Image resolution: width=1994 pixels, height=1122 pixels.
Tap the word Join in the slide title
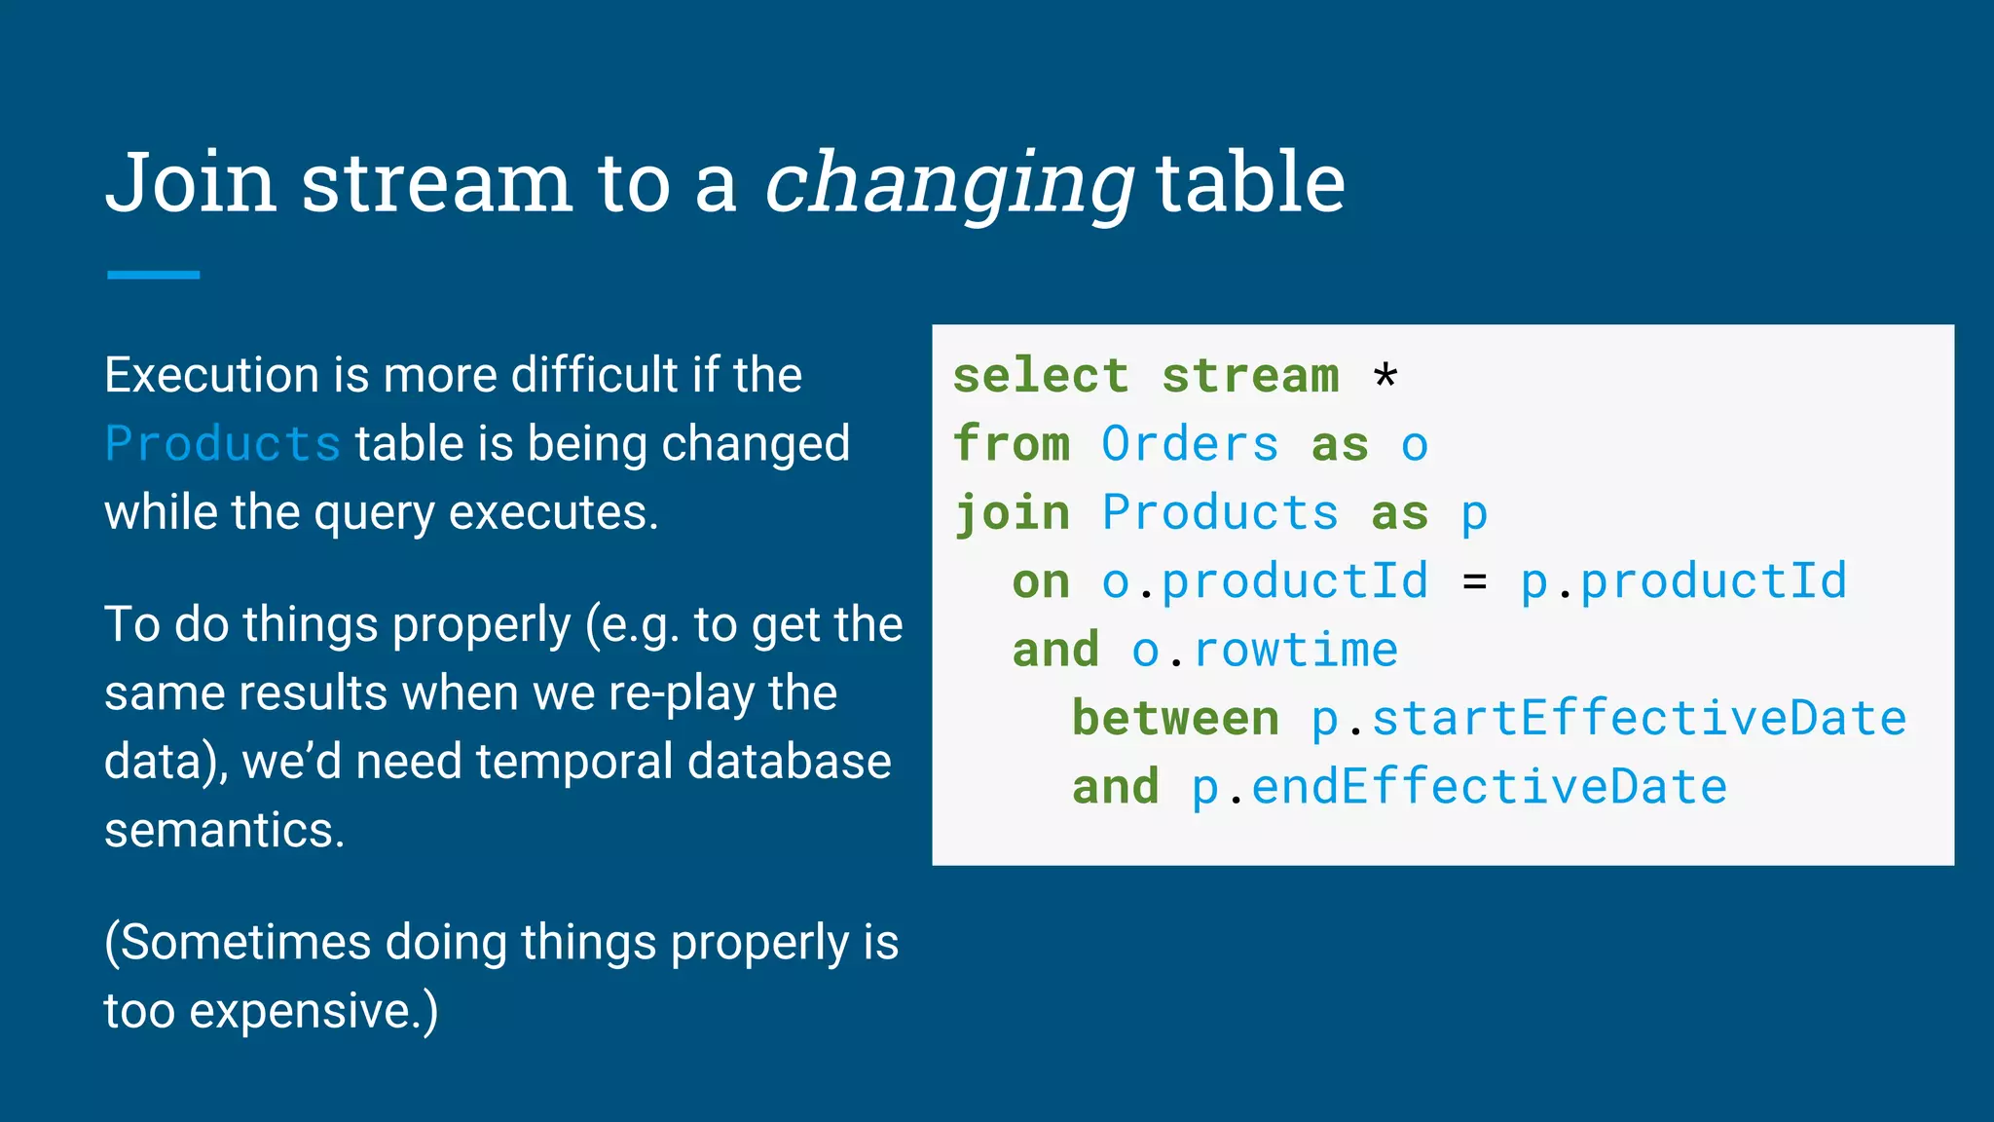191,183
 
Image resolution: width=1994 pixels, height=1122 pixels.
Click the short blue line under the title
153,276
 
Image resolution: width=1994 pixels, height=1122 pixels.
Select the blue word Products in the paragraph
222,444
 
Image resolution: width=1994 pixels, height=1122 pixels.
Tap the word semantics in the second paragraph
224,831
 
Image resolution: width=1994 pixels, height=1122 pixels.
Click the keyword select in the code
1041,376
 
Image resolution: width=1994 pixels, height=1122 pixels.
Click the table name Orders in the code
1190,445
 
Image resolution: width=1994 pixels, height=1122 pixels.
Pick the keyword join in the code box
1012,513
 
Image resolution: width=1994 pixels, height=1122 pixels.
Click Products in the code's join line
1220,513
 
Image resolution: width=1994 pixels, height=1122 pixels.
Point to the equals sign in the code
1474,582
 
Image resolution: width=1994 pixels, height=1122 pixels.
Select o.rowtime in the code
1264,651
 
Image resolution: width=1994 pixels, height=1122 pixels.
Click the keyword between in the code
1175,719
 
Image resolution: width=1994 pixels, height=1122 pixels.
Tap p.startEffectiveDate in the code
1608,719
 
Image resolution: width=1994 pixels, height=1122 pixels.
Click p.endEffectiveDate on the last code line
1459,787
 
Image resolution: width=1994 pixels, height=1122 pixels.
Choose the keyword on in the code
1041,582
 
